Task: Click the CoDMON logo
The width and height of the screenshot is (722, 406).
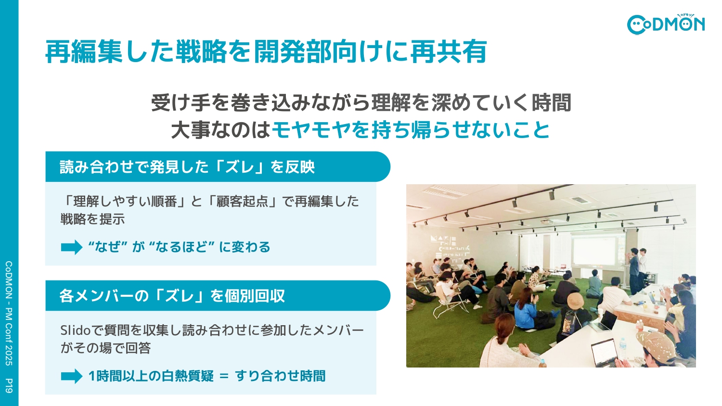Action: (x=666, y=24)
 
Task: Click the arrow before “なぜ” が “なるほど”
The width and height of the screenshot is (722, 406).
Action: (x=72, y=247)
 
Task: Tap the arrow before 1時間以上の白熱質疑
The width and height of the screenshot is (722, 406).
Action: (x=72, y=376)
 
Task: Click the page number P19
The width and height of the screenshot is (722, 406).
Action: (x=9, y=385)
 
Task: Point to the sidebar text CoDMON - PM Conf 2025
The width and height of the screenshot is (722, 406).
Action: (x=9, y=313)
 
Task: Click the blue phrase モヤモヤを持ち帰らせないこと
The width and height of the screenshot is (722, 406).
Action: (x=411, y=130)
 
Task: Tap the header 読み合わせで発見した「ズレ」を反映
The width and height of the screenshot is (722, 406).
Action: (x=187, y=167)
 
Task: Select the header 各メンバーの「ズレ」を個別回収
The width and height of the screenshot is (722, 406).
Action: (x=172, y=296)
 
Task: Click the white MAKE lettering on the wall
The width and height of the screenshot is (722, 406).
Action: (x=443, y=239)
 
